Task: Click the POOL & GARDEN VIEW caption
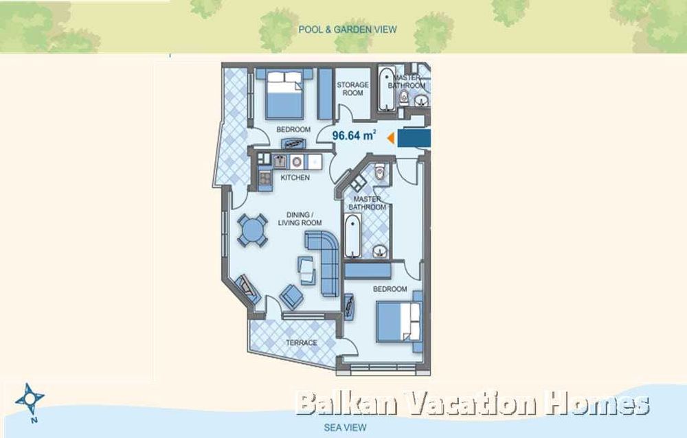[347, 30]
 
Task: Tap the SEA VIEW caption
[344, 427]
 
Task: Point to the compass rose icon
[31, 398]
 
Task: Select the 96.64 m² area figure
[353, 136]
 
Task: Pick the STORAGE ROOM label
[352, 89]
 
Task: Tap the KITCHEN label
[295, 177]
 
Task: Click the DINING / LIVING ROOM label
[300, 218]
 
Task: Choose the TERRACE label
[302, 343]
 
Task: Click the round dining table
[254, 229]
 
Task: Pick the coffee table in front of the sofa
[306, 268]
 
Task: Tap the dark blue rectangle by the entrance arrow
[414, 139]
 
